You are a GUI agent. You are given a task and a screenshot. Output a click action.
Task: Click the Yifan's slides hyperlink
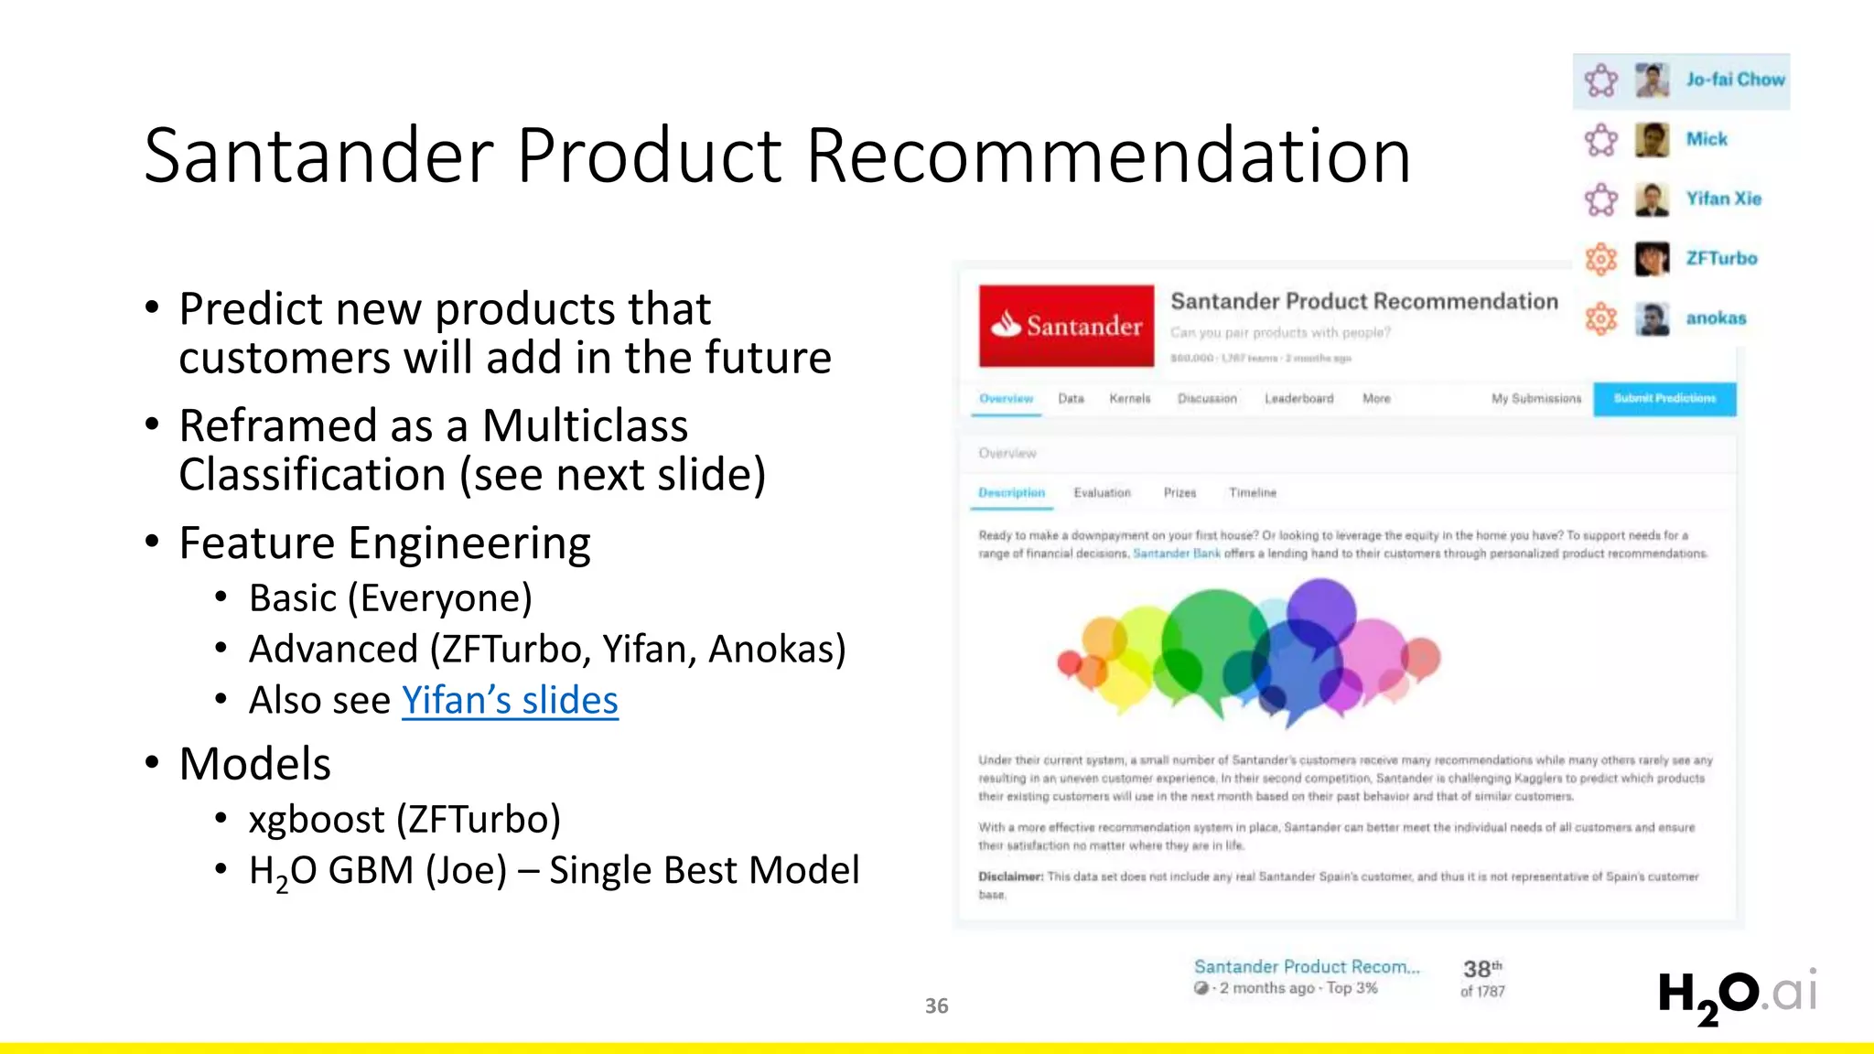[510, 701]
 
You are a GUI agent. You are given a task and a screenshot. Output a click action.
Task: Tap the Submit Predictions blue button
[1664, 399]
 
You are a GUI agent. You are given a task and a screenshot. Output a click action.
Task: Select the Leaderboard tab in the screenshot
[1298, 399]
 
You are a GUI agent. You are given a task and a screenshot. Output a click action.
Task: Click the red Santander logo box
[1066, 326]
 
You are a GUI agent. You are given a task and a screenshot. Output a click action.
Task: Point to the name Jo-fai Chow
[1735, 80]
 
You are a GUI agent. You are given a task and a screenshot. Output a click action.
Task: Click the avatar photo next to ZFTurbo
[1652, 259]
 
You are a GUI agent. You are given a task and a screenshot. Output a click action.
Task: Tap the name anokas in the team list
[1716, 318]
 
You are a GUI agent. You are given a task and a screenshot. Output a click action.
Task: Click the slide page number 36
[936, 1006]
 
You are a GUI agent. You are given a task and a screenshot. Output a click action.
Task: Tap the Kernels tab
[1129, 399]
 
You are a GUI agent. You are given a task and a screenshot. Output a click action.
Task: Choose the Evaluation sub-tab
[1102, 492]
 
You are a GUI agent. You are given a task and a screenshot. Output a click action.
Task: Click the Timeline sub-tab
[1252, 492]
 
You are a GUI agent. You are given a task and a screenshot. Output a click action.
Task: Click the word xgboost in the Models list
[317, 819]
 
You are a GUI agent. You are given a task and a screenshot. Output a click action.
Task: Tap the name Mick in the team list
[1707, 139]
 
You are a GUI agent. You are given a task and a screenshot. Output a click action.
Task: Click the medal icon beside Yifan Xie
[1600, 199]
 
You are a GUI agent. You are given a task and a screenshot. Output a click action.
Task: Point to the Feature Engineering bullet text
[384, 543]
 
